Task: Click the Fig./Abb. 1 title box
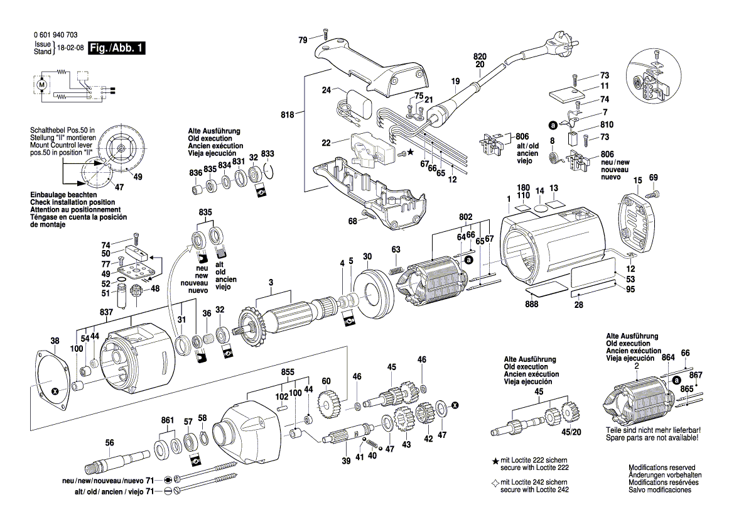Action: click(x=117, y=48)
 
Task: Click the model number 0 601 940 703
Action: click(x=54, y=35)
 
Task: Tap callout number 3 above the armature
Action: click(x=271, y=284)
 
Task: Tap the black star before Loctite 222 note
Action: click(x=495, y=462)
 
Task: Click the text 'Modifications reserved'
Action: click(x=662, y=468)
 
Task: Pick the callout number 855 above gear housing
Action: click(x=288, y=372)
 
